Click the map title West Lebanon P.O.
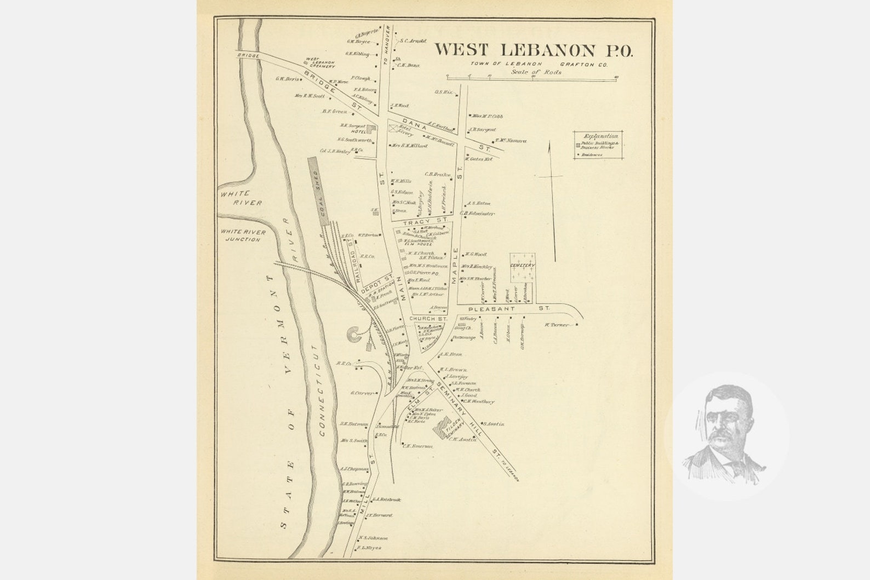(x=534, y=50)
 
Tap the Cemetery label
(x=522, y=266)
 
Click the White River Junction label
(x=243, y=236)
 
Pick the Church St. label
(x=430, y=318)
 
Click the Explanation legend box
(x=600, y=145)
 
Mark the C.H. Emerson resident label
(x=420, y=446)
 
